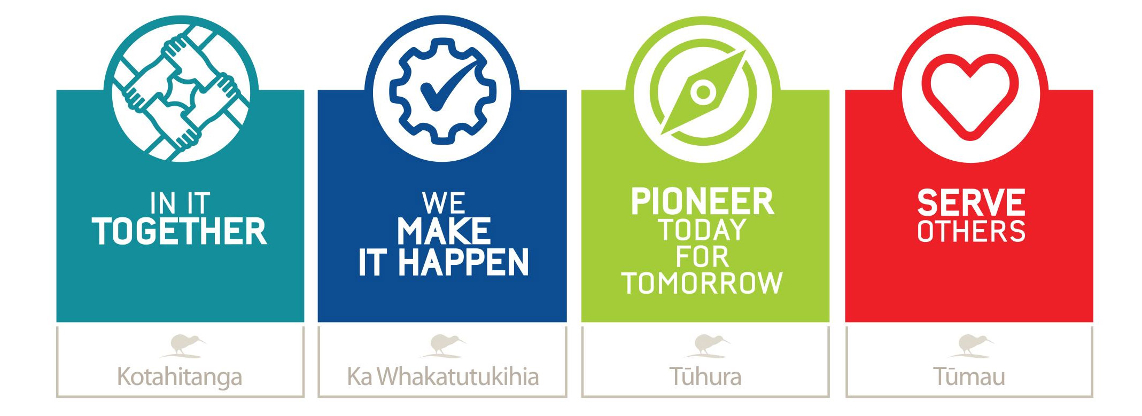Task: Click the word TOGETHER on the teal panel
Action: point(180,231)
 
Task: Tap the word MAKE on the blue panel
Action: point(444,231)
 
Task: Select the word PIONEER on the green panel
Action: point(702,201)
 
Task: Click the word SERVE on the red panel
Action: point(971,202)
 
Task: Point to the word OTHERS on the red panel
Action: point(971,231)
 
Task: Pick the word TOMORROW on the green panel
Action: point(702,282)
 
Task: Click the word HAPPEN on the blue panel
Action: point(463,262)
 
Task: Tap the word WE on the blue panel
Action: point(444,203)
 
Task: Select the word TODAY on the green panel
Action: point(702,230)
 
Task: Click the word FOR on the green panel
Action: point(702,257)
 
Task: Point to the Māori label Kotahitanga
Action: point(180,376)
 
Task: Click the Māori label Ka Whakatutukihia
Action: point(443,376)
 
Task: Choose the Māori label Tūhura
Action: point(705,376)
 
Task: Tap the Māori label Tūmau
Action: point(969,376)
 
